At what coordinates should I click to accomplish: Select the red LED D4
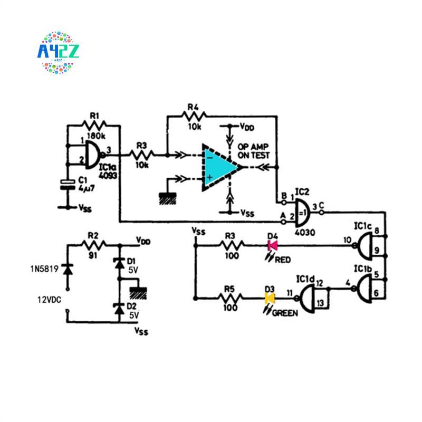[x=273, y=245]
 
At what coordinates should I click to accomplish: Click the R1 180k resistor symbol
[x=94, y=125]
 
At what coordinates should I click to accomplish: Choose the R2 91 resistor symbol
[x=93, y=244]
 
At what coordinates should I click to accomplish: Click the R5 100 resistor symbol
[x=232, y=299]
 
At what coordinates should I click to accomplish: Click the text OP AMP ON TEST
[x=253, y=151]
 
